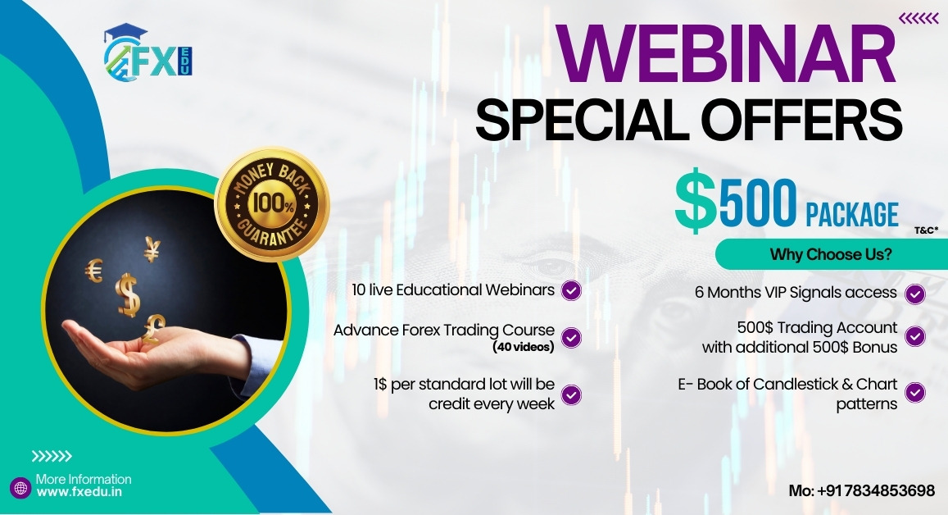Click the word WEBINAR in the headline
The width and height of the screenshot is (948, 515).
(x=725, y=53)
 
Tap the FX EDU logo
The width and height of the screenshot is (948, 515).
(x=148, y=52)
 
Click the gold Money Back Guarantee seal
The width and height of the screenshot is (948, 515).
(x=273, y=204)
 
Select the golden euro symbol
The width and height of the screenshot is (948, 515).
(x=94, y=271)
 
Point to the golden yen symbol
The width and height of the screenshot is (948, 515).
(x=152, y=248)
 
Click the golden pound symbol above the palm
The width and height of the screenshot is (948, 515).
(x=153, y=329)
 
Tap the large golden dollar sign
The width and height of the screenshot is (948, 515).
(x=128, y=294)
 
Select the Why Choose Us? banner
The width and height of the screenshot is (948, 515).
(x=832, y=254)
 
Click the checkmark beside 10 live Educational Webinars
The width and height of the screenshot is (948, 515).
(x=571, y=290)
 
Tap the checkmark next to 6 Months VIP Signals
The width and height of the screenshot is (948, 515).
(x=915, y=294)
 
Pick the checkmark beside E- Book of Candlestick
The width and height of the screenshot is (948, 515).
(x=915, y=393)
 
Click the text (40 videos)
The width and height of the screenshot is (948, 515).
(x=524, y=347)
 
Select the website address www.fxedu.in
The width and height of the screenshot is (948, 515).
(x=79, y=492)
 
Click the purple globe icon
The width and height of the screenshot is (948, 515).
(x=20, y=488)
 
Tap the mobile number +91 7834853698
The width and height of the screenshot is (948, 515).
(x=876, y=490)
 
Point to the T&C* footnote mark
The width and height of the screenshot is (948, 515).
(x=926, y=230)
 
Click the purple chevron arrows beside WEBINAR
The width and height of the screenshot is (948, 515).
(x=919, y=19)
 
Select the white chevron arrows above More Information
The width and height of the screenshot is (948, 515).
(x=52, y=456)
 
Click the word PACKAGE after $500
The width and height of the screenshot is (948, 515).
(x=852, y=214)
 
